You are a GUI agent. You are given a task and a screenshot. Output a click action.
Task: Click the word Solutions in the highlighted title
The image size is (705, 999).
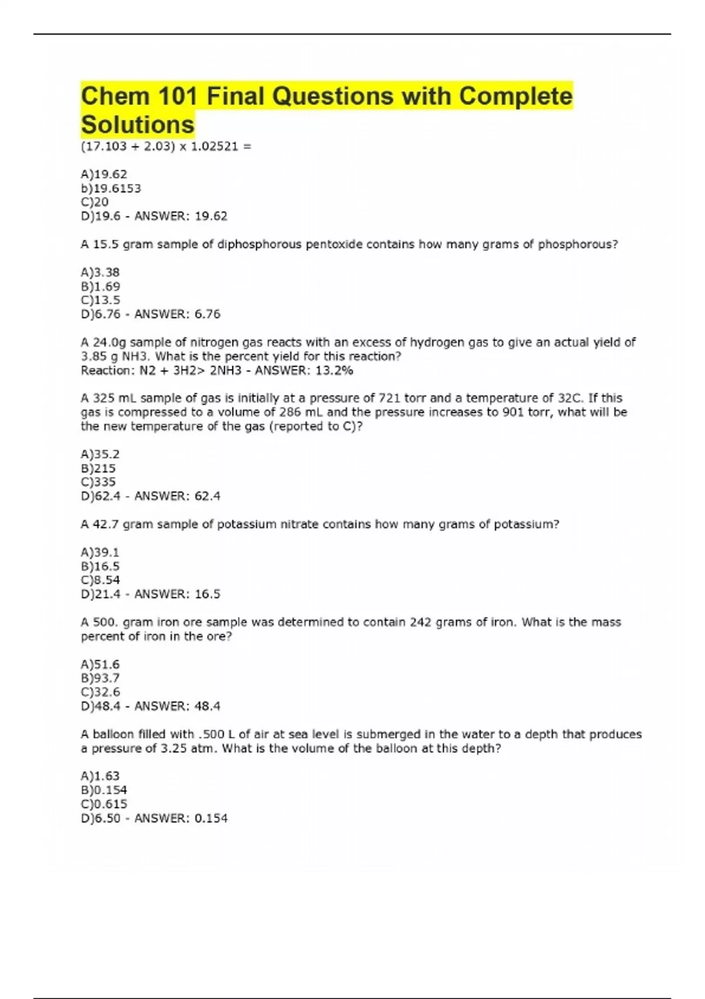pos(137,125)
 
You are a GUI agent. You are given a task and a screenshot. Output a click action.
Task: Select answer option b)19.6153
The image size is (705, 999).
pos(110,188)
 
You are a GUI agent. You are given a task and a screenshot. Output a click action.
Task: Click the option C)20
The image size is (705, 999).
pos(95,202)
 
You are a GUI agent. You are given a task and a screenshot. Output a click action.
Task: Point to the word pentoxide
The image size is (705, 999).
pos(334,244)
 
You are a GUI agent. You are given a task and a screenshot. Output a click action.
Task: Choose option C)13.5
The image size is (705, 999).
pos(100,300)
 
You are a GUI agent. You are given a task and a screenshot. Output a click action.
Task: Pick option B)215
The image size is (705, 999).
pos(98,468)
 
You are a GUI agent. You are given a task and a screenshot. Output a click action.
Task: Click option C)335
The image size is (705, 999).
pos(98,482)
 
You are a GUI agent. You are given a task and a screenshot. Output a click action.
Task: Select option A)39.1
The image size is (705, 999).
pos(100,552)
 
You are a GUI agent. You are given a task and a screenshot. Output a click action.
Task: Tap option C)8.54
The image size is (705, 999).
pos(100,580)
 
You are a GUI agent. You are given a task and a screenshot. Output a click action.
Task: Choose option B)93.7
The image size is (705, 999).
pos(100,678)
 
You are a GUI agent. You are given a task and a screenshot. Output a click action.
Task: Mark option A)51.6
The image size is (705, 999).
pos(100,665)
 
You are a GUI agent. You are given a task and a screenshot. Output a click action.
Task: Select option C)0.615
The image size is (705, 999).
pos(104,804)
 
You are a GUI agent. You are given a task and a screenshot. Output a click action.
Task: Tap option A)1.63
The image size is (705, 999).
pos(100,776)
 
